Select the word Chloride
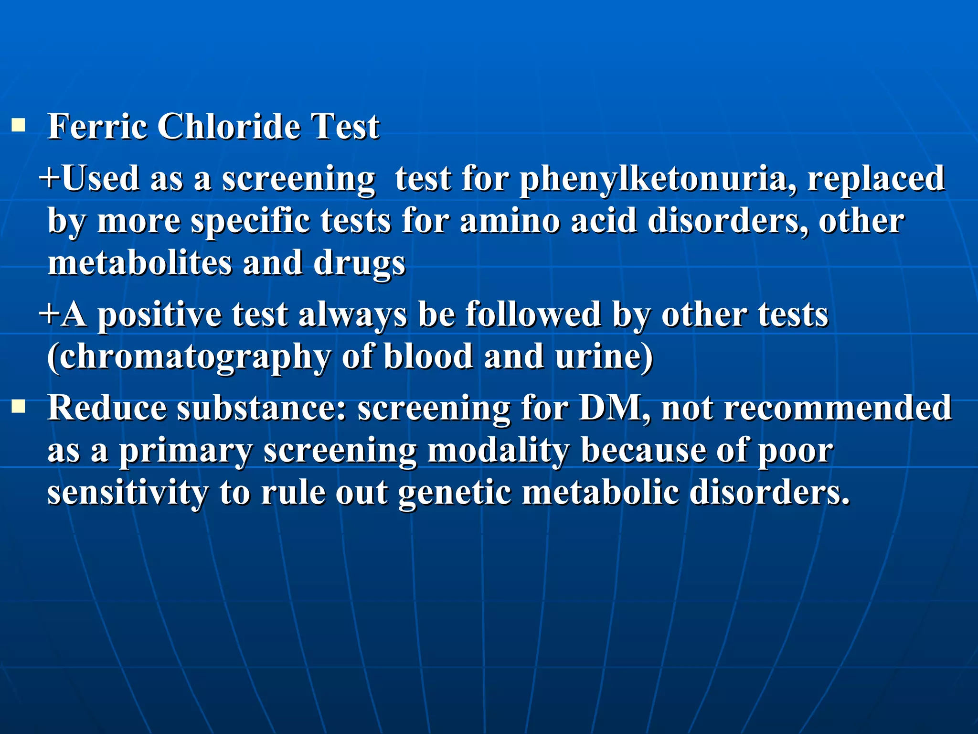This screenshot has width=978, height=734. click(x=229, y=127)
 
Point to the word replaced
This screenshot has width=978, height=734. click(x=876, y=178)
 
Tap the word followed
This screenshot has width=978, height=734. click(x=533, y=314)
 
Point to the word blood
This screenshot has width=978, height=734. click(x=428, y=357)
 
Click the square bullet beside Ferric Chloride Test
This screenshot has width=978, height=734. click(x=19, y=126)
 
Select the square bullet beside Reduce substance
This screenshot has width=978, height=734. click(x=19, y=407)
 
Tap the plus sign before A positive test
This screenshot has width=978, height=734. click(x=49, y=314)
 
